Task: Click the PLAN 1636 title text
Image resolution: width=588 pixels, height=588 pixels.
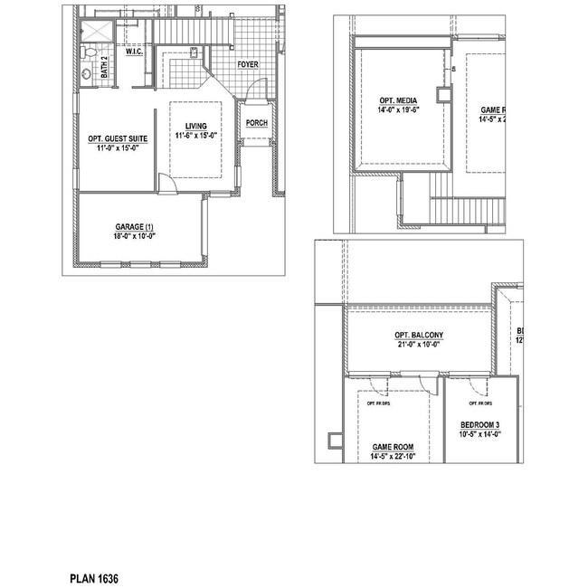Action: coord(94,577)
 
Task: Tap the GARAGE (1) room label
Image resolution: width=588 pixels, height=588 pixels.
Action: coord(135,226)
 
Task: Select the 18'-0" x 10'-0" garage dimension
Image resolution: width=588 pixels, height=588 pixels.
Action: coord(135,236)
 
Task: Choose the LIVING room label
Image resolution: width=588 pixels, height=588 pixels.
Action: coord(196,127)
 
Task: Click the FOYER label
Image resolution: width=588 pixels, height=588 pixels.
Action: coord(248,65)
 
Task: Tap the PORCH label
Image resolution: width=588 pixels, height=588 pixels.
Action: coord(256,125)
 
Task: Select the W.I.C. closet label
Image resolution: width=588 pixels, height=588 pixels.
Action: coord(135,52)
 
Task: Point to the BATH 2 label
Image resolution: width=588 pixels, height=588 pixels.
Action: coord(105,68)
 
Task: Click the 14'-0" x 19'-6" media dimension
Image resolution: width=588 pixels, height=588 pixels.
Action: coord(398,109)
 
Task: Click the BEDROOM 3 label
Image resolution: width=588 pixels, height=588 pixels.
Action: coord(479,424)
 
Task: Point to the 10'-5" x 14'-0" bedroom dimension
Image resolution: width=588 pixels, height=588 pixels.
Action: coord(479,434)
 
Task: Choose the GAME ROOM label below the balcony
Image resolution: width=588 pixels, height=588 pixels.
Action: coord(393,447)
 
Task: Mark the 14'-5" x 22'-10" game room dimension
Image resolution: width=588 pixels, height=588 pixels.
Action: coord(393,457)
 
